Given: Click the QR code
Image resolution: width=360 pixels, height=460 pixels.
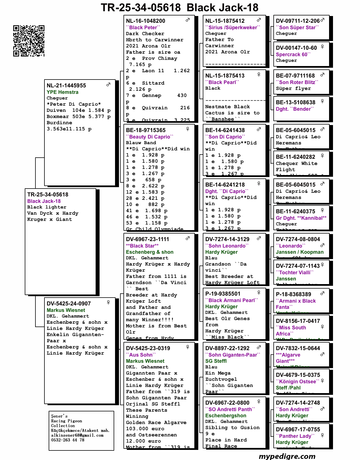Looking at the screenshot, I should click(x=29, y=41).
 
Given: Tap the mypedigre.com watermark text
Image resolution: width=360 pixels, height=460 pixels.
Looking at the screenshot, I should click(x=287, y=456).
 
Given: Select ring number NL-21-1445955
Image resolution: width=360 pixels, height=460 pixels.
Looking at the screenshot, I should click(x=66, y=85).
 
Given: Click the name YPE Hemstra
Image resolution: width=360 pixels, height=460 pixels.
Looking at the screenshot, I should click(x=62, y=92).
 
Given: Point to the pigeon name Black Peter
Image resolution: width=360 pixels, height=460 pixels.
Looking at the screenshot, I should click(x=143, y=28).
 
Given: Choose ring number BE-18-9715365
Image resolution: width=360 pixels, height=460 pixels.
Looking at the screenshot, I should click(x=146, y=130).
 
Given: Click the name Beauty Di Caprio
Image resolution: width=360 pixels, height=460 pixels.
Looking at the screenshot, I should click(x=150, y=137).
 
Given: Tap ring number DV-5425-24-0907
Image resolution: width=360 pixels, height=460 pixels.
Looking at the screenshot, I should click(x=69, y=303).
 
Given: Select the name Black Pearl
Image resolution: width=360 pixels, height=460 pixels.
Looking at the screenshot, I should click(x=222, y=82).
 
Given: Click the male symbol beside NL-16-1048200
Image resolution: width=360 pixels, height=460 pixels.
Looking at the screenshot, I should click(x=188, y=20).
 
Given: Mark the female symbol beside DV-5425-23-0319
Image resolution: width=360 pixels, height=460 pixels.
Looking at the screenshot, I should click(x=188, y=347).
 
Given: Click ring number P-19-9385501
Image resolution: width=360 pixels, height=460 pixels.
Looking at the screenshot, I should click(x=223, y=294).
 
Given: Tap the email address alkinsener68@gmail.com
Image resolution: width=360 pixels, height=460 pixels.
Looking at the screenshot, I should click(x=77, y=435).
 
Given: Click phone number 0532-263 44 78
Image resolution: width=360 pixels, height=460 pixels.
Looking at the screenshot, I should click(x=68, y=440).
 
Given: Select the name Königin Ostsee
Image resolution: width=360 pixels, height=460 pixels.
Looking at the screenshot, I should click(x=298, y=382).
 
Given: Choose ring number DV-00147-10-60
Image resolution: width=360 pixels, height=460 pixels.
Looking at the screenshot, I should click(x=296, y=48).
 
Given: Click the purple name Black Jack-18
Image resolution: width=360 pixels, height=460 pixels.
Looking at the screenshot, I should click(x=44, y=201).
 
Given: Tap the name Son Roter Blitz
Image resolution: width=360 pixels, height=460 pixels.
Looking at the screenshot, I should click(x=297, y=82).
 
